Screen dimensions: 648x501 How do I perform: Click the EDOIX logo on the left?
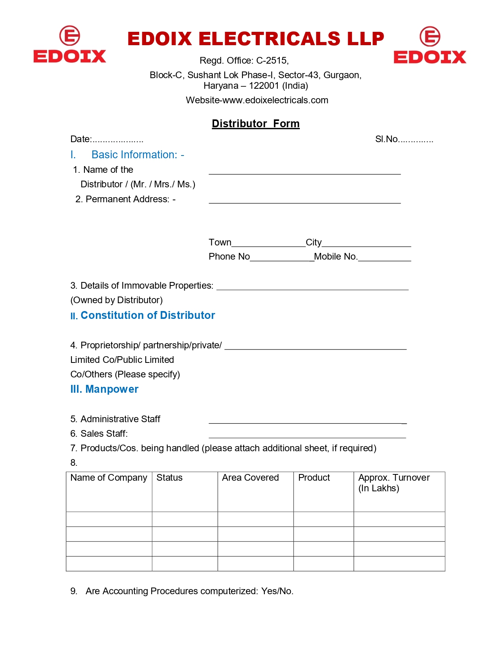point(70,45)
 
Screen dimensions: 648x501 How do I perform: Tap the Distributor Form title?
point(255,124)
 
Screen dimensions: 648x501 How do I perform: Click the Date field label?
point(81,139)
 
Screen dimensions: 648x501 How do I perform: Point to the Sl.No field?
point(404,139)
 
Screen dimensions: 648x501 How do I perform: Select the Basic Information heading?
point(138,155)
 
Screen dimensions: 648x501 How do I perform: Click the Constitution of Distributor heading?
point(147,315)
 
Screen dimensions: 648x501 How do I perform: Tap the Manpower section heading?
point(112,389)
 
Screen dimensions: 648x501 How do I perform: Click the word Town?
point(220,242)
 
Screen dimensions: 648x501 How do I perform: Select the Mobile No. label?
point(336,257)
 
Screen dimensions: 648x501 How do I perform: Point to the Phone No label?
point(229,257)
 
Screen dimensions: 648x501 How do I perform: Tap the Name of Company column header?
point(109,478)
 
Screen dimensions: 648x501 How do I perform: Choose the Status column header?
point(169,478)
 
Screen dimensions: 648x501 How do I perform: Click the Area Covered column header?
point(250,478)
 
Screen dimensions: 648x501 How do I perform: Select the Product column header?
point(314,478)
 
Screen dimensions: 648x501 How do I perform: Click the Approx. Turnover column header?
point(394,483)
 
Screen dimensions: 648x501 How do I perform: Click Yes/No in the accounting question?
point(277,591)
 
